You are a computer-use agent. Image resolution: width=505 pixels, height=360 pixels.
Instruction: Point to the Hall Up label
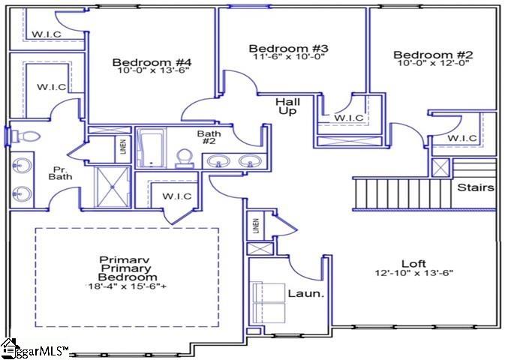(x=287, y=106)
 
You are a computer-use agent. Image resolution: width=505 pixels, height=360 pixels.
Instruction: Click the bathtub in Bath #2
(x=152, y=147)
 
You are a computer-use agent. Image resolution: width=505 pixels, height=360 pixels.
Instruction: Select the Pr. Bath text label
(x=60, y=172)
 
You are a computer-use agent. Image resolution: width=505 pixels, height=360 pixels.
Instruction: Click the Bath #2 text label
(x=209, y=139)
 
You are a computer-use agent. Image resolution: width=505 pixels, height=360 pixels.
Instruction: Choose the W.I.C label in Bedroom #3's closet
(x=349, y=118)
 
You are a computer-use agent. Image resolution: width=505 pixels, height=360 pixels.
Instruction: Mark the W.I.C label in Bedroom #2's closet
(x=462, y=139)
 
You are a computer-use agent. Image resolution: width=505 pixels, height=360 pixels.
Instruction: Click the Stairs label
(x=476, y=187)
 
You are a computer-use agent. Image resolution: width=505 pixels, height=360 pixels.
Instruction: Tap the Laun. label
(x=306, y=293)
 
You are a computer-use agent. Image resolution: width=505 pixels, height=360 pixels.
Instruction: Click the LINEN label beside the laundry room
(x=256, y=226)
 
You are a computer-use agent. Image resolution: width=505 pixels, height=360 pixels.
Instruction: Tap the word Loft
(x=413, y=263)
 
